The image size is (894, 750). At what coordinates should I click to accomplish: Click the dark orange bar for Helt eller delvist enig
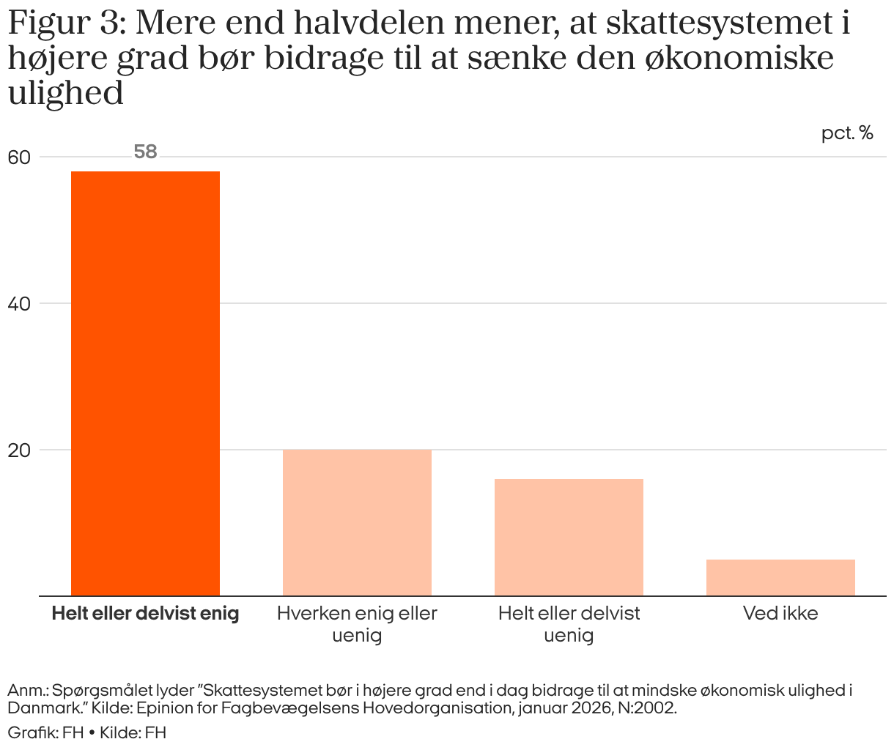145,383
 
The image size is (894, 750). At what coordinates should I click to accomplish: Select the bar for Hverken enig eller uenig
357,522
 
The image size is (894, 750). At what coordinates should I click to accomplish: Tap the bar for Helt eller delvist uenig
569,537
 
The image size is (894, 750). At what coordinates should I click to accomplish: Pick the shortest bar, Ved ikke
780,577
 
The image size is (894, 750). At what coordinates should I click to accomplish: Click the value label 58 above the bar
146,152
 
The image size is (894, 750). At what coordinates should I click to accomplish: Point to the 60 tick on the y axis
19,157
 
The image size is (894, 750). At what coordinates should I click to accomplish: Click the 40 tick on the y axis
19,304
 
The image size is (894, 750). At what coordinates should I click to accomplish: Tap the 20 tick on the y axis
19,450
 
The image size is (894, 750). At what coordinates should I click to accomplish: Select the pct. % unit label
847,133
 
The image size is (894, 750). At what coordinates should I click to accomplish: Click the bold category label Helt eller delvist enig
145,614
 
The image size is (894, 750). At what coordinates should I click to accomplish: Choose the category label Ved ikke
780,614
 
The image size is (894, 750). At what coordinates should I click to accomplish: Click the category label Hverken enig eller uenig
357,624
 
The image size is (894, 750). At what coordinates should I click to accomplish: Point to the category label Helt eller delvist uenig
569,624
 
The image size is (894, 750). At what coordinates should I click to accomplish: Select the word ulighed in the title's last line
65,93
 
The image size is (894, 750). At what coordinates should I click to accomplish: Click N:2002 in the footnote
647,708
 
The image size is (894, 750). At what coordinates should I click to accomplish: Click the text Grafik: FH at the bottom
46,732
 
